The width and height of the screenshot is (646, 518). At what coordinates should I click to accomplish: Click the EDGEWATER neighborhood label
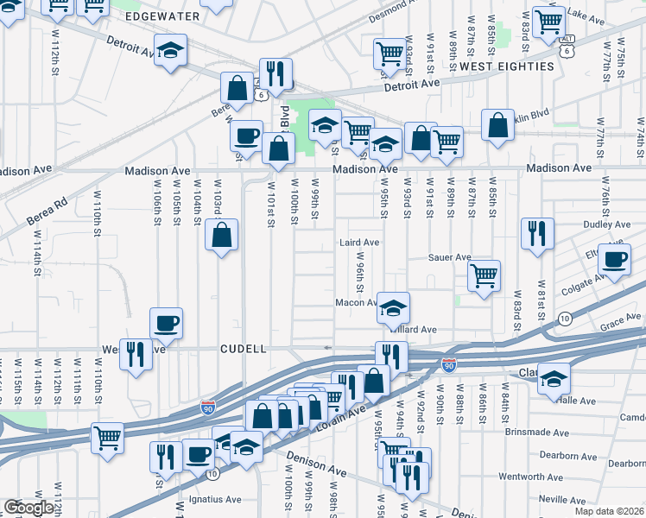click(x=162, y=16)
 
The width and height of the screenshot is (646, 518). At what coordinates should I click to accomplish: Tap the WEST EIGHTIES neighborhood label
click(x=507, y=66)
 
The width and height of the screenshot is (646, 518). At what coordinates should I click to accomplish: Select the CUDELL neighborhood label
click(x=244, y=348)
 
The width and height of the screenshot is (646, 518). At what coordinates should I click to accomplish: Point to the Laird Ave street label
click(x=359, y=243)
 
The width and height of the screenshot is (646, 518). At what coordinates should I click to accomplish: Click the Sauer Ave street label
click(x=451, y=257)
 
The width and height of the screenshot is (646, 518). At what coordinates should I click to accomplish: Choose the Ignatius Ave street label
click(x=210, y=499)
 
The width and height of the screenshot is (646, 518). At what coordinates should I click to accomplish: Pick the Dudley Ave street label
click(x=608, y=224)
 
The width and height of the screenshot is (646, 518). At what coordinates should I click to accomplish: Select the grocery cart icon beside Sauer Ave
click(x=484, y=275)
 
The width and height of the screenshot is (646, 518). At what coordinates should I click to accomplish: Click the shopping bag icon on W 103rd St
click(x=222, y=233)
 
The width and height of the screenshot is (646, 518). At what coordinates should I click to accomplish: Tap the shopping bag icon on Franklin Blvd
click(x=498, y=125)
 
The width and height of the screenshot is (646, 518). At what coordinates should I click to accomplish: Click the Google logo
click(x=29, y=508)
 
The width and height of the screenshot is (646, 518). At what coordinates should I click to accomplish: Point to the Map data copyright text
click(x=610, y=511)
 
